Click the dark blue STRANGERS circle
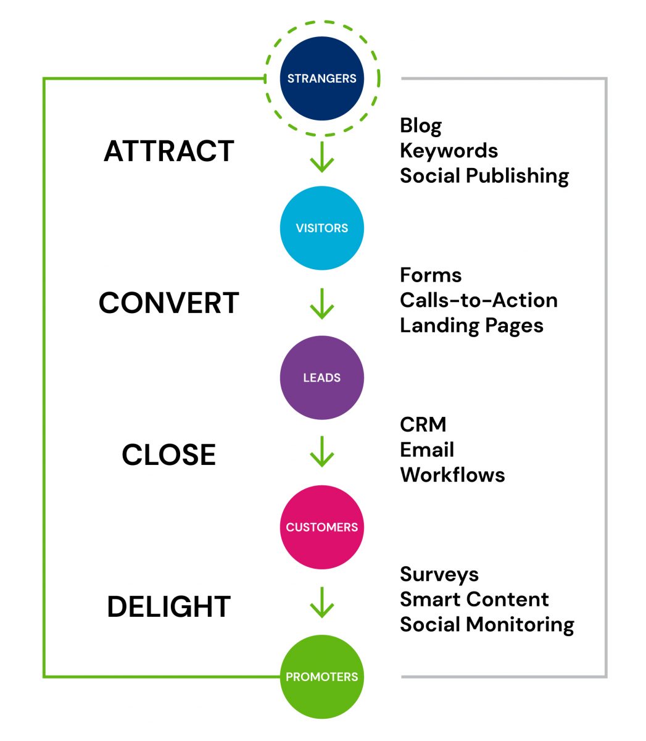tap(321, 78)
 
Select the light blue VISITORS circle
tap(321, 228)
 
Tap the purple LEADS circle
tap(321, 377)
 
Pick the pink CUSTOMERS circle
tap(321, 527)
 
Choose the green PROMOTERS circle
tap(321, 676)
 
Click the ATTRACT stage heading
tap(169, 151)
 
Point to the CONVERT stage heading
tap(169, 303)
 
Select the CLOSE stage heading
tap(169, 455)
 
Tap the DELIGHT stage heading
tap(169, 607)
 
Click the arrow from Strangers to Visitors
tap(321, 157)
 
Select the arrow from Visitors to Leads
tap(321, 303)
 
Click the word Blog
tap(420, 125)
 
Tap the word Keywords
tap(449, 151)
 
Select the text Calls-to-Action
tap(478, 300)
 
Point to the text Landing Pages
tap(471, 325)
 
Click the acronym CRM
tap(423, 425)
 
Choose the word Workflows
tap(452, 475)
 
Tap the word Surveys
tap(439, 574)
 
